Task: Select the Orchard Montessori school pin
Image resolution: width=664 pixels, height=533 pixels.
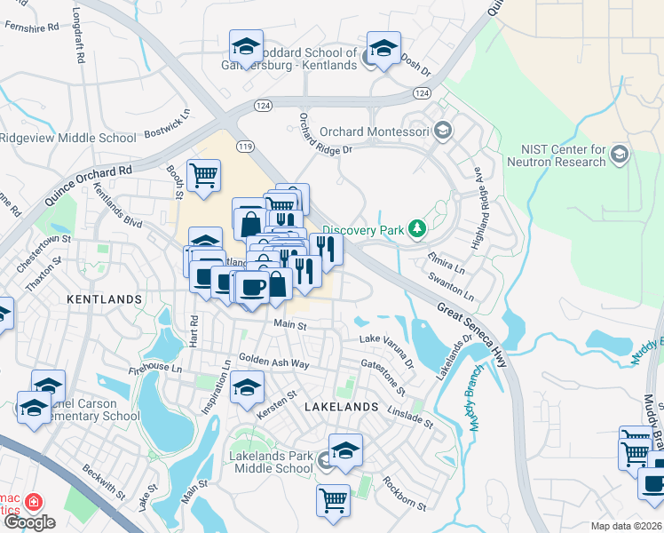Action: (443, 132)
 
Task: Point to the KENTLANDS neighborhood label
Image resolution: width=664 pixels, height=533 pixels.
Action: (104, 300)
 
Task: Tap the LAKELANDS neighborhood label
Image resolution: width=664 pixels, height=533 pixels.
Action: (342, 406)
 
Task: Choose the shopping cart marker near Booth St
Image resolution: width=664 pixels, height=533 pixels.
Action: (204, 174)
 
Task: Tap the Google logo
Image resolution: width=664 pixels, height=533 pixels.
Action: (28, 522)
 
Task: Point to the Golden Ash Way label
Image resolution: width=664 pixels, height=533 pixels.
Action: (273, 363)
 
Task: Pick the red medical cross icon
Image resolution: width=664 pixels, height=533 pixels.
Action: (35, 502)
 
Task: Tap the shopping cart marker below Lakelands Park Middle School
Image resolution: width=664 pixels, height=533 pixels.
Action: (332, 499)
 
